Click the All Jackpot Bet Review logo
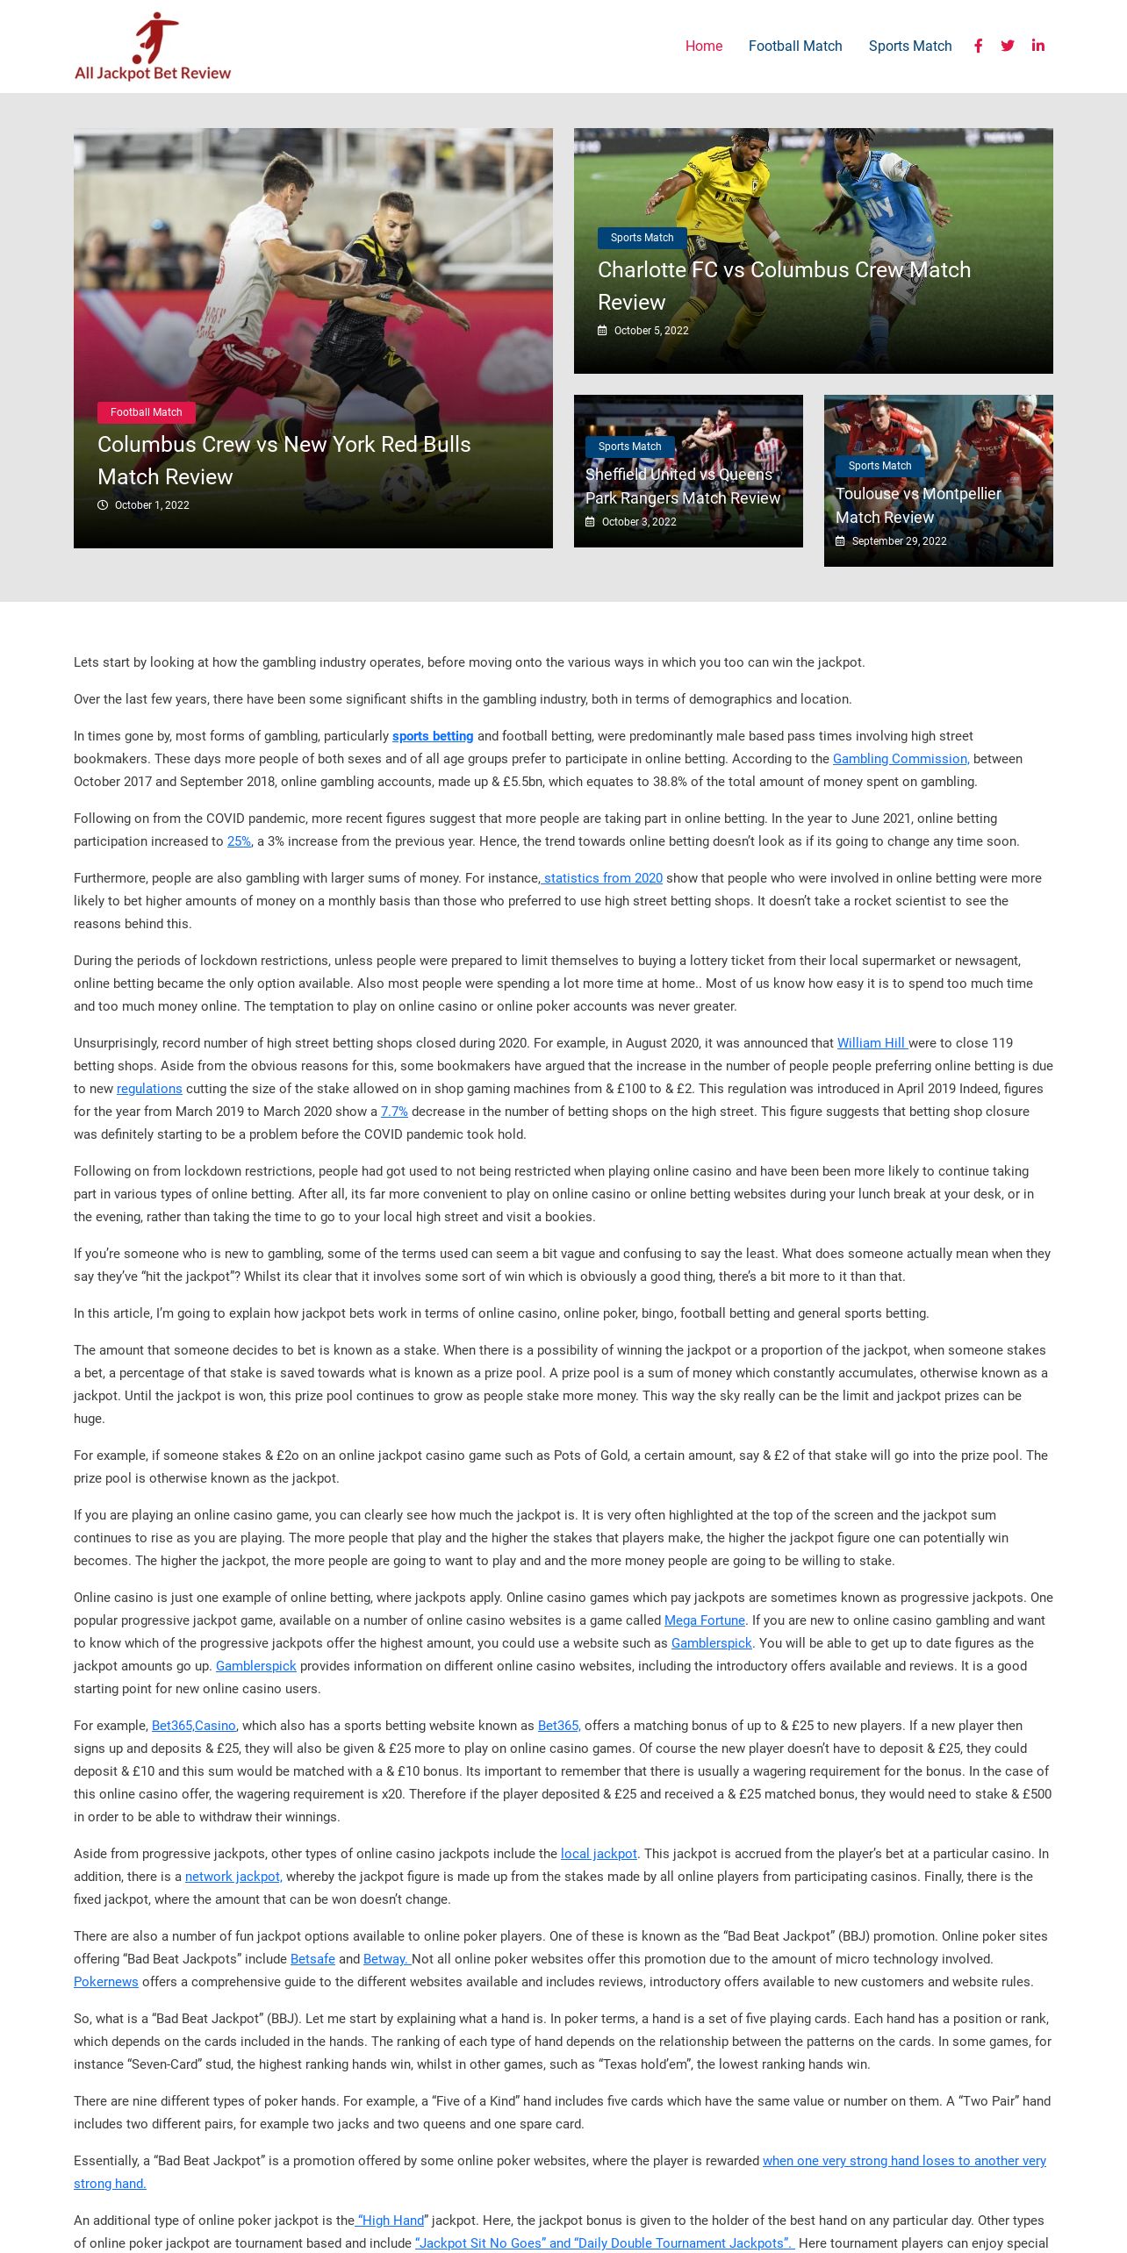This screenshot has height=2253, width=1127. point(153,47)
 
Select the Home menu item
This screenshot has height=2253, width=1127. point(703,46)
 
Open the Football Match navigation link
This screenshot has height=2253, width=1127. point(794,46)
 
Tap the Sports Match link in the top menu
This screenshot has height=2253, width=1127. point(909,46)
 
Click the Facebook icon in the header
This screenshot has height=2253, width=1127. point(978,46)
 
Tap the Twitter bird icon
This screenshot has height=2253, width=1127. point(1008,46)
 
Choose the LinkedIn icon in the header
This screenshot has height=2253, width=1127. point(1037,46)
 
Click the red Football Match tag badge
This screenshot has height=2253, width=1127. point(147,412)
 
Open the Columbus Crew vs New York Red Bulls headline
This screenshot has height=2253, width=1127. point(284,461)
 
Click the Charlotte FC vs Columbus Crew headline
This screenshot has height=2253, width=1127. point(784,285)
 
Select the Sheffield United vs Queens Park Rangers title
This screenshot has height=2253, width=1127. point(682,486)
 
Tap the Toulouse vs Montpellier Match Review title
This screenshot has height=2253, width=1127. point(918,505)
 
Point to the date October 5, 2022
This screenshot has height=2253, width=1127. point(650,331)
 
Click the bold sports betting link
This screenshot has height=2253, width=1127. point(433,736)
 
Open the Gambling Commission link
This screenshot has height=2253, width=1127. point(901,759)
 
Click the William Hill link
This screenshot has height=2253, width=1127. point(872,1043)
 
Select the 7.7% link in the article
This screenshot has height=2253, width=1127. point(394,1112)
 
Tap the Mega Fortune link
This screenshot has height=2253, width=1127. point(704,1620)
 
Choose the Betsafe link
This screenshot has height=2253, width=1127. point(312,1959)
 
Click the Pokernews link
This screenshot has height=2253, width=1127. point(106,1982)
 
